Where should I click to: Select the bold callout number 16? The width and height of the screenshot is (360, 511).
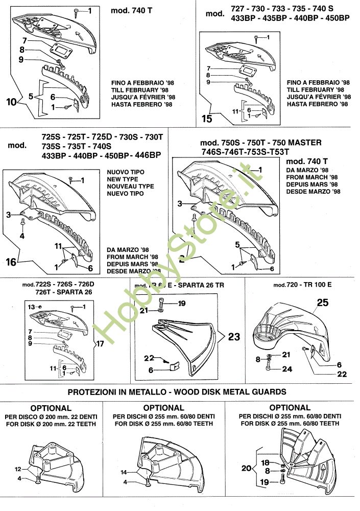point(11,262)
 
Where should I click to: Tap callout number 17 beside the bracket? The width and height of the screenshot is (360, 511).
point(100,344)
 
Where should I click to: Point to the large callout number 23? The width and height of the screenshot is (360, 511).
point(234,337)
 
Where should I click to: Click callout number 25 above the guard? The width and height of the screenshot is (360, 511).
point(322,303)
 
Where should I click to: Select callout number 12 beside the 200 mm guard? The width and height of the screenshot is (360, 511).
point(18,469)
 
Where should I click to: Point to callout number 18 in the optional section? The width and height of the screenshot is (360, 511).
point(265,462)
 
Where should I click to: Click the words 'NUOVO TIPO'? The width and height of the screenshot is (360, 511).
point(126,172)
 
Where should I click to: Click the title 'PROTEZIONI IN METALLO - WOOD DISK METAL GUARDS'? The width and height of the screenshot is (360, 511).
point(177,392)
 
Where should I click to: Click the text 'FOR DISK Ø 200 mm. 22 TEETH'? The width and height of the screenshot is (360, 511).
point(50,424)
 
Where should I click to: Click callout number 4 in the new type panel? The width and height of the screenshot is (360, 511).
point(22,236)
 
